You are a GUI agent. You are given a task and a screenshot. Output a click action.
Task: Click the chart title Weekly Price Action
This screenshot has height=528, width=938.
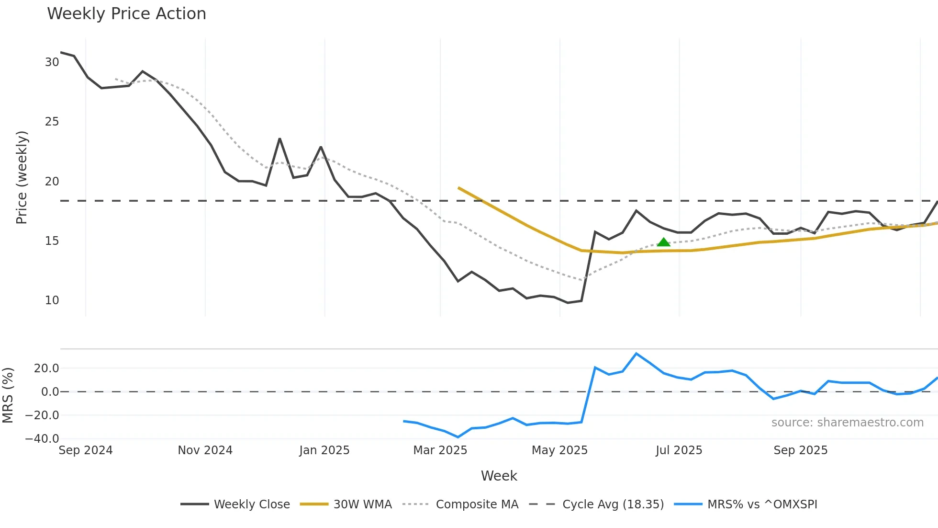coord(126,13)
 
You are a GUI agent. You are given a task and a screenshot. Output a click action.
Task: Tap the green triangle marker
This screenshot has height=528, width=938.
coord(663,242)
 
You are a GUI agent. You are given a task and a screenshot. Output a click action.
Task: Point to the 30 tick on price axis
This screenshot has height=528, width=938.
coord(52,62)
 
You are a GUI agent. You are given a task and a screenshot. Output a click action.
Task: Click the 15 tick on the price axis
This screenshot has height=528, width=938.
coord(52,241)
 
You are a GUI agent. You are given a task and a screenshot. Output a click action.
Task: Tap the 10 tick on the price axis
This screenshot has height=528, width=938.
coord(52,300)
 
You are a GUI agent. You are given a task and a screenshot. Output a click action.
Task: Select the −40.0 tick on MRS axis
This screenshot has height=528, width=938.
coord(42,438)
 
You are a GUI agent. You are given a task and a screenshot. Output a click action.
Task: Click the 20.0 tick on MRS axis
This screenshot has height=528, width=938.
coord(46,368)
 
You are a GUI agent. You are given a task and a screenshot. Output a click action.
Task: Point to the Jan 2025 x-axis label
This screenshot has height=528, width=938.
coord(324,450)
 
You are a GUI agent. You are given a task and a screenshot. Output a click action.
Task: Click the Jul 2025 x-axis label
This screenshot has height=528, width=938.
coord(679,450)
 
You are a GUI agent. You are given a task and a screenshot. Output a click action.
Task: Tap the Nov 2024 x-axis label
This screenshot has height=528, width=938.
coord(205,450)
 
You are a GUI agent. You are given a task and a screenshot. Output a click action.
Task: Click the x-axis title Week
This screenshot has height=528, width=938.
coord(499,476)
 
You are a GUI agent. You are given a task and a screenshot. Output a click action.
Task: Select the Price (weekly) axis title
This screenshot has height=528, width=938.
coord(22,177)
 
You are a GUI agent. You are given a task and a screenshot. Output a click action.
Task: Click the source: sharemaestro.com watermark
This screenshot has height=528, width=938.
coord(847,423)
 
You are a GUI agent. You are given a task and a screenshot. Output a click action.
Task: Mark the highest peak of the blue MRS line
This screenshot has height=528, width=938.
coord(636,354)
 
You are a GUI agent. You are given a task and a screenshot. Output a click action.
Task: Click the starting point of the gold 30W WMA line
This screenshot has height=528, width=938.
coord(458,188)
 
